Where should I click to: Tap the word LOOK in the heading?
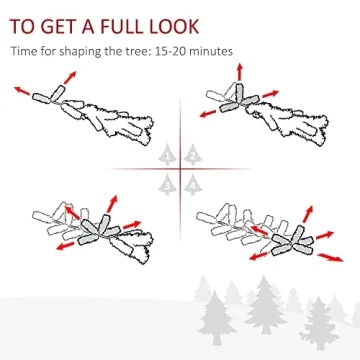click(173, 26)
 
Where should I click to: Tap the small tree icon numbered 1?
click(167, 154)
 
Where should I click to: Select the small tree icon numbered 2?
click(193, 154)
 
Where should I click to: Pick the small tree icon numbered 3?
click(167, 184)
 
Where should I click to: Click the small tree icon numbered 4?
click(193, 184)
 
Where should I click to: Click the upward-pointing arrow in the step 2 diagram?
click(240, 71)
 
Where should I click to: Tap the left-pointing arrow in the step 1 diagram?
click(22, 91)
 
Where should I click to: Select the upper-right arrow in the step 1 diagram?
click(70, 77)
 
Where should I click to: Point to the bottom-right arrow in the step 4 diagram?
click(330, 258)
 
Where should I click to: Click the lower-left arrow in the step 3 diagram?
click(65, 246)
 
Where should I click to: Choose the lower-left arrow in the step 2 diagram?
click(208, 114)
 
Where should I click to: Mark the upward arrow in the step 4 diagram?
click(308, 214)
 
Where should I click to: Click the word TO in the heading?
click(22, 26)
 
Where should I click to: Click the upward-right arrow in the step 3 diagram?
click(112, 204)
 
